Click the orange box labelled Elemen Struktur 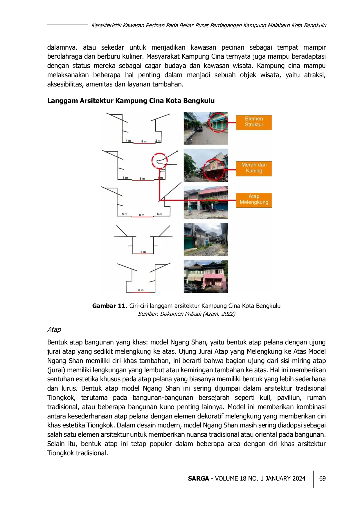[254, 122]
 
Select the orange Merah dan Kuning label [254, 168]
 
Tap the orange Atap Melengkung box [254, 200]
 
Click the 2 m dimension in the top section [158, 141]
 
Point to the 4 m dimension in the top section [128, 141]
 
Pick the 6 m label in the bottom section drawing [141, 290]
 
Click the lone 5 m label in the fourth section [143, 252]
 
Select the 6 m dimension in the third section [159, 214]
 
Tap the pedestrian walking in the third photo [190, 209]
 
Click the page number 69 [322, 479]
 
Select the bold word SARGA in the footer [198, 479]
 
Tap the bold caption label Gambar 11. [110, 306]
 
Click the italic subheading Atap [54, 329]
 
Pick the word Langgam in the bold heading [63, 101]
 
